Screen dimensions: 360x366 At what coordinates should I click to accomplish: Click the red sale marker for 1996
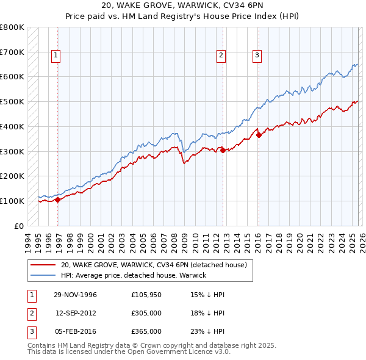(58, 199)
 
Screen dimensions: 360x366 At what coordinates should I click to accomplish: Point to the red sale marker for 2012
(223, 149)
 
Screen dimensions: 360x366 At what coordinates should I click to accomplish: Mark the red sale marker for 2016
(259, 135)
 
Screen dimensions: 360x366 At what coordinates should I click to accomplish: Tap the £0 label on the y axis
(19, 226)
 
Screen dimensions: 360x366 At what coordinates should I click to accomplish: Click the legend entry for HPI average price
(134, 275)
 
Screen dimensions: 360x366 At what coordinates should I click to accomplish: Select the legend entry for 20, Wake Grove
(153, 265)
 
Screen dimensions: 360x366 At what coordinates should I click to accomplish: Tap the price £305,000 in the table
(146, 313)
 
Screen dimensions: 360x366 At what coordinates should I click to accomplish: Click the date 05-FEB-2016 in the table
(75, 331)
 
